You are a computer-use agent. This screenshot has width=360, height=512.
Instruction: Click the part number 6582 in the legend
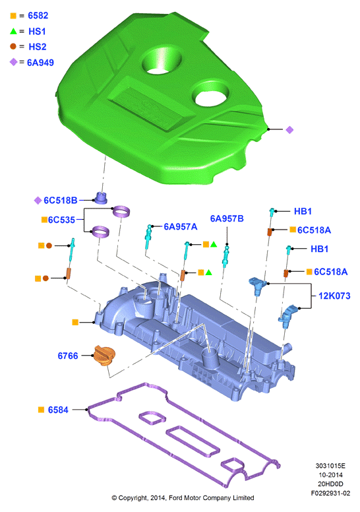coord(38,16)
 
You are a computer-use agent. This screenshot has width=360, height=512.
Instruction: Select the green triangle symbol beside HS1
coord(13,32)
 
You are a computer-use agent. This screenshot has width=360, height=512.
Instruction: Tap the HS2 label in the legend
coord(38,47)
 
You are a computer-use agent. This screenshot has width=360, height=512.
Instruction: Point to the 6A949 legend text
coord(40,63)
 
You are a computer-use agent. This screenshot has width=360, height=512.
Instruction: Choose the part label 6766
coord(68,356)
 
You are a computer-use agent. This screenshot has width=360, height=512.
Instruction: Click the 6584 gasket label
coord(58,410)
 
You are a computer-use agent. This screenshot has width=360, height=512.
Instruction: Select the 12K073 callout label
coord(334,296)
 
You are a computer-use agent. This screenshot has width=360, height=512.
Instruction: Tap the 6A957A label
coord(181,226)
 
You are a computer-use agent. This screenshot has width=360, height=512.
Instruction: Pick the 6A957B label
coord(227,218)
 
